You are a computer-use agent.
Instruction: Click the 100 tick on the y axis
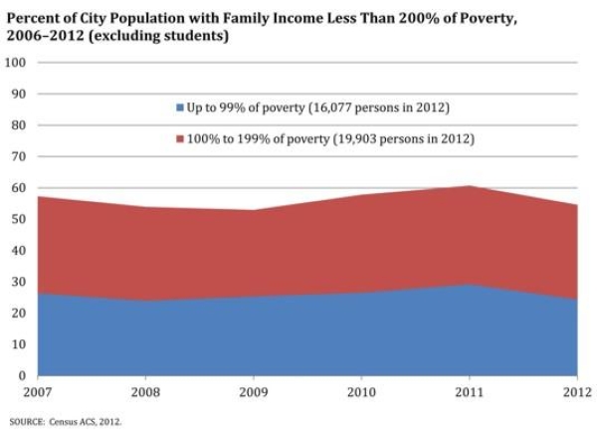(x=16, y=63)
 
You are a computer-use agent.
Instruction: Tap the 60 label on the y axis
(x=19, y=188)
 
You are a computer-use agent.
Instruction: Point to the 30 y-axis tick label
(x=19, y=282)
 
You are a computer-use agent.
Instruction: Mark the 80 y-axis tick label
(x=19, y=125)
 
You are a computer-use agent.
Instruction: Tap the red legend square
(x=179, y=139)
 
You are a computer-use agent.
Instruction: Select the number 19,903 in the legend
(x=354, y=139)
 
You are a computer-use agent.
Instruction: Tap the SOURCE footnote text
(x=66, y=422)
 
